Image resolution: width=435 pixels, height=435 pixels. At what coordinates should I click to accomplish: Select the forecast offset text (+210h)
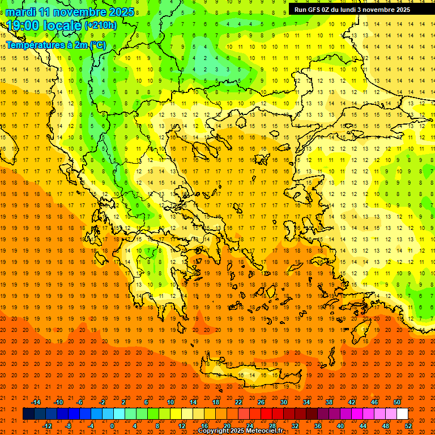click(100, 25)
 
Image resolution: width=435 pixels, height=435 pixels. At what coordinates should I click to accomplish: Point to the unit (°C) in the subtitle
click(97, 44)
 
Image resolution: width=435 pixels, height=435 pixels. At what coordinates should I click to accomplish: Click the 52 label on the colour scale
click(408, 425)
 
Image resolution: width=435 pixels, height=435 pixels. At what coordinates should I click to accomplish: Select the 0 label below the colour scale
click(112, 425)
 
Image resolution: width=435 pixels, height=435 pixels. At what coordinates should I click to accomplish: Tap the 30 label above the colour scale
click(283, 402)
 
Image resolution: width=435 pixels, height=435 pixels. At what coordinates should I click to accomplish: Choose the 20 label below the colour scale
click(227, 425)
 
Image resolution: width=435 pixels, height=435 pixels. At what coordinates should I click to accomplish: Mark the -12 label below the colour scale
click(47, 425)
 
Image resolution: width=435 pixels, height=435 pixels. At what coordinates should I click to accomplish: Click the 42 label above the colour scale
click(351, 402)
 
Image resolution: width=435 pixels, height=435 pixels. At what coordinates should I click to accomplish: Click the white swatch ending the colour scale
click(402, 414)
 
